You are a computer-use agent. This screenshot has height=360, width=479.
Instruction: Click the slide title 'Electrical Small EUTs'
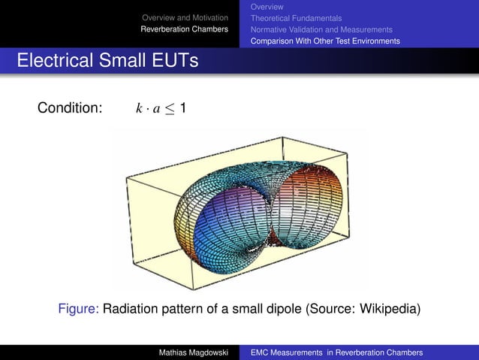tap(107, 60)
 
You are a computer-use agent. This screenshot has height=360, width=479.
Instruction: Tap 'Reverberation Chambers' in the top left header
tap(185, 29)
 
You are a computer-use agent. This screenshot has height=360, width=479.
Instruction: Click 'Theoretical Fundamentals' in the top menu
tap(296, 17)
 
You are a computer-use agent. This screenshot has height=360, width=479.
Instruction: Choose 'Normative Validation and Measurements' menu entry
tap(321, 29)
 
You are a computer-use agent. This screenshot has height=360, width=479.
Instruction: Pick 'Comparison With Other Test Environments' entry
tap(325, 41)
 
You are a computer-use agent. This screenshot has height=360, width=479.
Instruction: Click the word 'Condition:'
tap(70, 108)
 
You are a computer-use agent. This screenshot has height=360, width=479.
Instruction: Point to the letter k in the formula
tap(139, 109)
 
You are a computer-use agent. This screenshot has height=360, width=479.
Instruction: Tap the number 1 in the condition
tap(183, 108)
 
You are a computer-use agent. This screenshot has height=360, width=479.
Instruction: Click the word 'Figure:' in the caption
tap(78, 309)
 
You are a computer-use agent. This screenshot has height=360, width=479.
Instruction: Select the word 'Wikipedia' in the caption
tap(387, 309)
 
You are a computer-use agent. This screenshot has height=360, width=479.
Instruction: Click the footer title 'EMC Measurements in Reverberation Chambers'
tap(336, 352)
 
